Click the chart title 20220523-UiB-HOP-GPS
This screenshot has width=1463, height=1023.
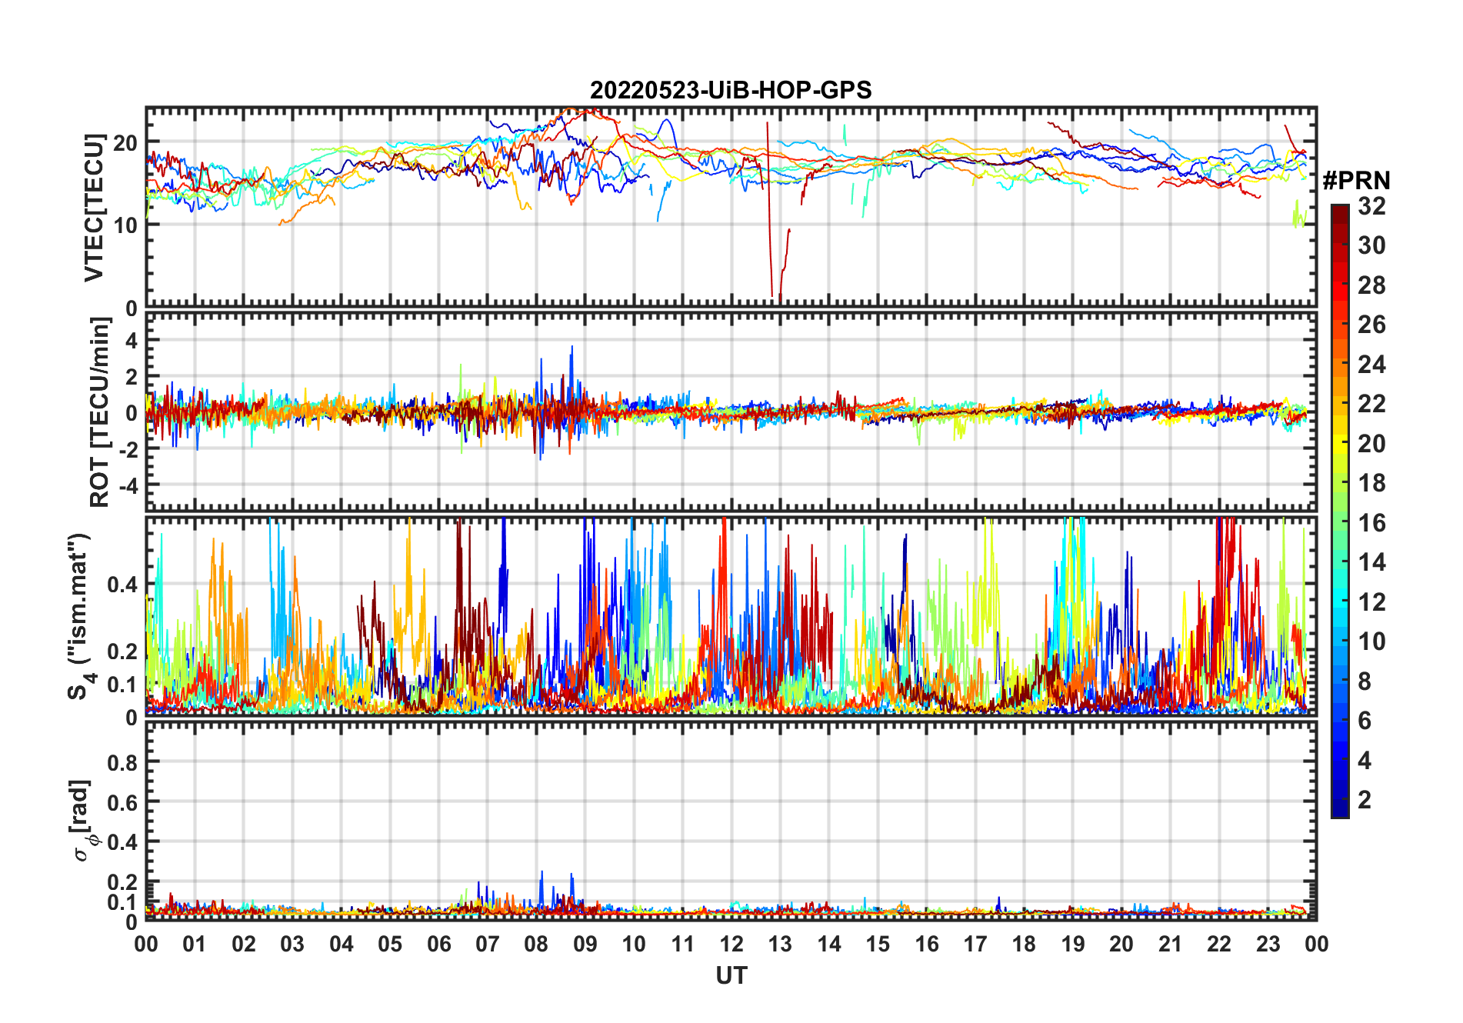pyautogui.click(x=731, y=90)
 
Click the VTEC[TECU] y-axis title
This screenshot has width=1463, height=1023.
pyautogui.click(x=95, y=208)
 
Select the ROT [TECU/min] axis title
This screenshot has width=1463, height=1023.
pyautogui.click(x=99, y=412)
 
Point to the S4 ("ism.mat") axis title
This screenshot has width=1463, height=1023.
pyautogui.click(x=80, y=616)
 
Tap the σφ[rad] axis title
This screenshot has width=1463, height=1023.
pyautogui.click(x=84, y=821)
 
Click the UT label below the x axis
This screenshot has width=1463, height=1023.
pyautogui.click(x=731, y=975)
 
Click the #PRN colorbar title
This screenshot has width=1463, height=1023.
pyautogui.click(x=1356, y=181)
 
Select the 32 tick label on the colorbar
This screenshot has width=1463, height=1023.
pyautogui.click(x=1371, y=206)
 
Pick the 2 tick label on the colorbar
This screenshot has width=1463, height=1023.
pyautogui.click(x=1365, y=800)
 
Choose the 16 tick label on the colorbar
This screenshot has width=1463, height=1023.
pyautogui.click(x=1371, y=523)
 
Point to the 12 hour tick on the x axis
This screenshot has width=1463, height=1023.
pyautogui.click(x=731, y=945)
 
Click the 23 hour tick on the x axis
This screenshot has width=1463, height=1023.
pyautogui.click(x=1268, y=945)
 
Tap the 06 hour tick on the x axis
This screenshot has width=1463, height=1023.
pyautogui.click(x=439, y=945)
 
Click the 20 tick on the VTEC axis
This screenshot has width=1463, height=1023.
pyautogui.click(x=126, y=143)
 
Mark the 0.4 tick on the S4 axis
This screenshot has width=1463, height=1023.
pyautogui.click(x=122, y=585)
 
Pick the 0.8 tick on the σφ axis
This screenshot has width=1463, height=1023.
pyautogui.click(x=122, y=762)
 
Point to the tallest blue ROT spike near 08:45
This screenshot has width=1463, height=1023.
pyautogui.click(x=572, y=348)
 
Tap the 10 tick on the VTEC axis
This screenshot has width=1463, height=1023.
pyautogui.click(x=126, y=225)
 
